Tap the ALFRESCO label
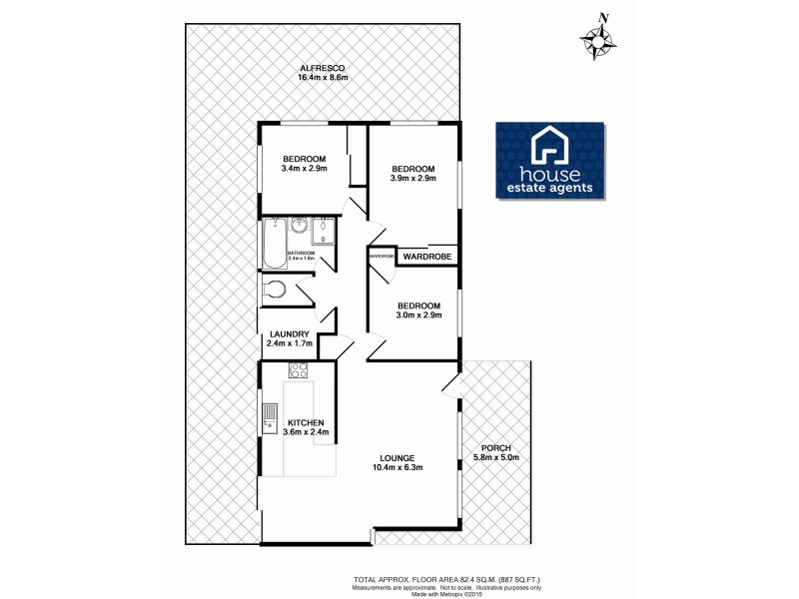click(x=323, y=68)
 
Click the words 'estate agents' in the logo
click(x=550, y=187)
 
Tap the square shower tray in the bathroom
click(x=323, y=233)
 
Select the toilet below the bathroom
click(x=273, y=292)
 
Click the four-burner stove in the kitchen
click(x=298, y=370)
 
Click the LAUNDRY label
click(x=289, y=334)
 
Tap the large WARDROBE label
click(x=427, y=258)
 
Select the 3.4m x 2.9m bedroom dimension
click(x=304, y=171)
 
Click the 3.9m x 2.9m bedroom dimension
click(x=412, y=180)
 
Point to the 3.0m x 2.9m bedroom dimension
click(x=418, y=316)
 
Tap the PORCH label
click(x=495, y=447)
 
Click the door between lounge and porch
click(x=450, y=389)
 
